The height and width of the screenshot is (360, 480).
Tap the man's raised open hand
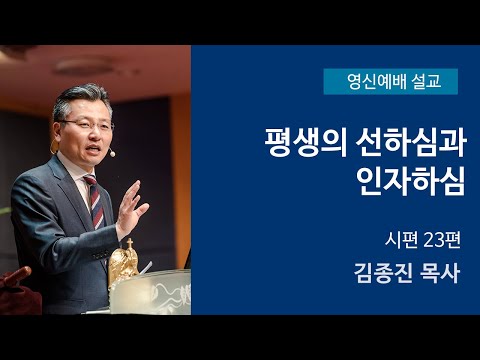point(131,206)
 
